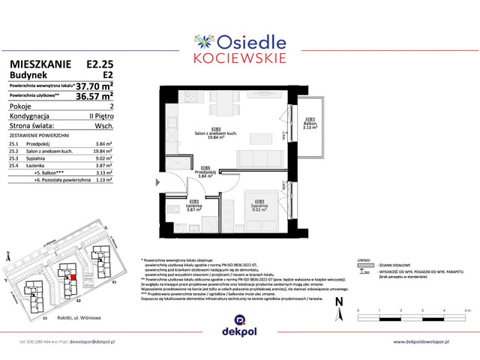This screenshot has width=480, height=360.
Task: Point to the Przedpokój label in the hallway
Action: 204,174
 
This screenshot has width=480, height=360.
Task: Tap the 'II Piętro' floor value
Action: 100,116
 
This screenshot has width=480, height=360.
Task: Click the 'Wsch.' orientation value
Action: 103,125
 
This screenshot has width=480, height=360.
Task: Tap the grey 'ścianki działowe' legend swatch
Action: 365,264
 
